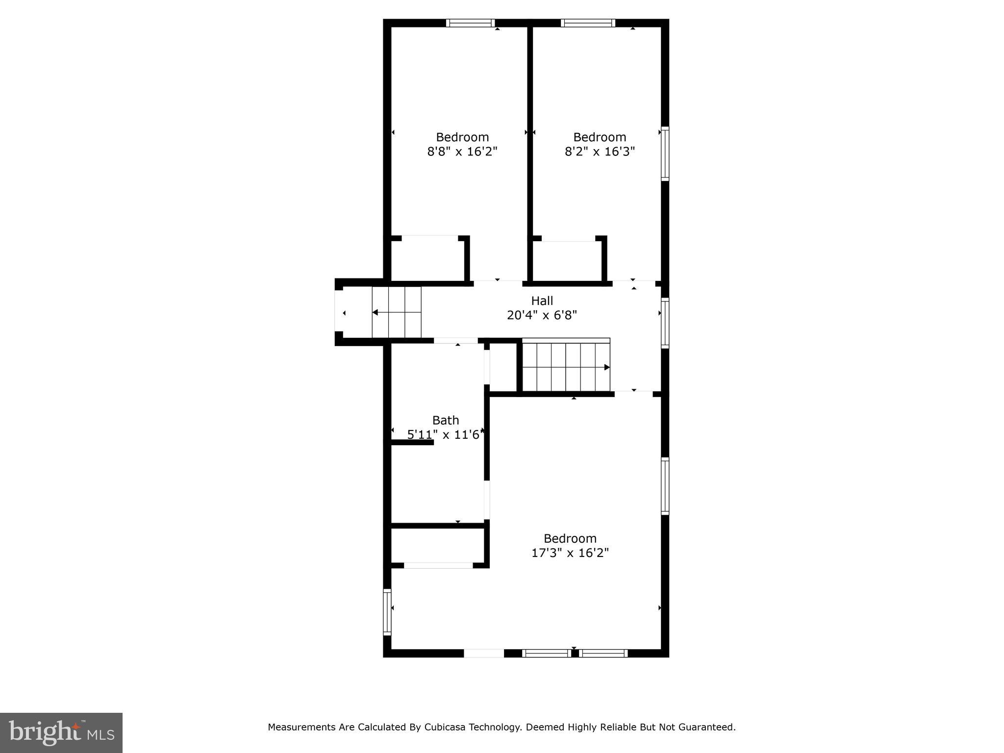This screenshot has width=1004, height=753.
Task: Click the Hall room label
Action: click(x=542, y=301)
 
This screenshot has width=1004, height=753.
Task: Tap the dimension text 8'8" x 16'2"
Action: click(x=462, y=151)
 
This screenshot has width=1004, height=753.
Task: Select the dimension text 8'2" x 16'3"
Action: click(x=600, y=151)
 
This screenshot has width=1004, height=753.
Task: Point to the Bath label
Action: click(x=446, y=420)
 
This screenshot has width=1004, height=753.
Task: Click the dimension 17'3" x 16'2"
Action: click(x=570, y=553)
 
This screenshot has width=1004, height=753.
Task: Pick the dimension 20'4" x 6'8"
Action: click(x=542, y=315)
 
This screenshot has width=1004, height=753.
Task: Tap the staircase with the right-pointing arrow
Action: click(x=566, y=367)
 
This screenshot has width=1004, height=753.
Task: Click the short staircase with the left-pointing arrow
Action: click(x=396, y=312)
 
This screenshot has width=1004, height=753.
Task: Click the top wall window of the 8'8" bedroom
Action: click(x=470, y=23)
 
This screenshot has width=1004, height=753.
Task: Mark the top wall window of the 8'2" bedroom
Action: click(x=588, y=23)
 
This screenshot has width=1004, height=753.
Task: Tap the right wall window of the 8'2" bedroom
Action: click(x=665, y=154)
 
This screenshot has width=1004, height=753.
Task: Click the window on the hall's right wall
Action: click(x=665, y=323)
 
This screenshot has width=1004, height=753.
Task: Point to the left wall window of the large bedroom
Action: click(x=387, y=612)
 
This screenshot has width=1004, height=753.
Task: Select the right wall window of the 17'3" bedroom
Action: click(x=665, y=486)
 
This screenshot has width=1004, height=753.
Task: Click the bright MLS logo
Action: click(x=61, y=732)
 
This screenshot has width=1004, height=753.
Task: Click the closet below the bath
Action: click(x=438, y=545)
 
